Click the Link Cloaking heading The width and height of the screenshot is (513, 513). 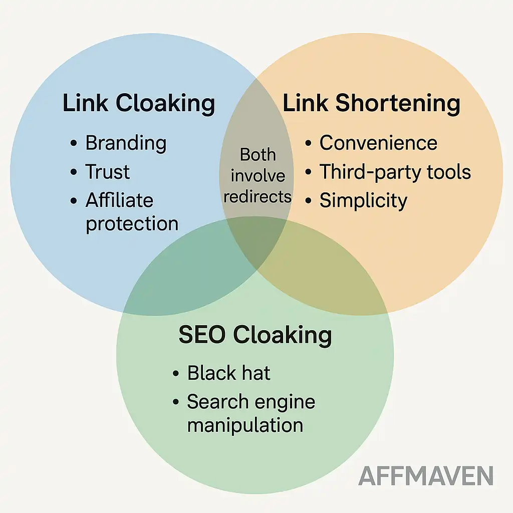click(x=139, y=104)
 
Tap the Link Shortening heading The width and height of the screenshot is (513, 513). click(x=371, y=104)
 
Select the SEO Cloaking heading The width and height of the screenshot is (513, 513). click(x=255, y=335)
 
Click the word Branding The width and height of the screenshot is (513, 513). click(x=126, y=143)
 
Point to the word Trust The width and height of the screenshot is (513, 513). click(x=107, y=172)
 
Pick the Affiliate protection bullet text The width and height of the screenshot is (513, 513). click(x=131, y=212)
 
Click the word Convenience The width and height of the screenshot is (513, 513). click(x=378, y=143)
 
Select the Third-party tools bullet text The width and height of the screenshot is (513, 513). click(x=395, y=172)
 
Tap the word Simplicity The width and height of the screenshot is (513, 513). click(x=363, y=201)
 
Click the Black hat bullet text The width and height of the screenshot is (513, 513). click(x=228, y=373)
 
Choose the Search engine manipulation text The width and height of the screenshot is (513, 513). click(x=250, y=413)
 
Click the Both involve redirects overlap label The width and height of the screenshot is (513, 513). click(x=258, y=175)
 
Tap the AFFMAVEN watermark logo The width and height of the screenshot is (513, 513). click(x=426, y=476)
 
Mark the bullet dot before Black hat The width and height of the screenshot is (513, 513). click(x=176, y=374)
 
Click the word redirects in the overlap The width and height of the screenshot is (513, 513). click(x=258, y=196)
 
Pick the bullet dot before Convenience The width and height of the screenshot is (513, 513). click(x=309, y=144)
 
